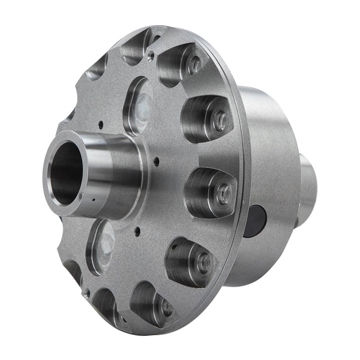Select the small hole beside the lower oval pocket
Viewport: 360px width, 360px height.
click(x=135, y=234)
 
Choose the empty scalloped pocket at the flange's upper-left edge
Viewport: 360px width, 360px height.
click(x=97, y=72)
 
